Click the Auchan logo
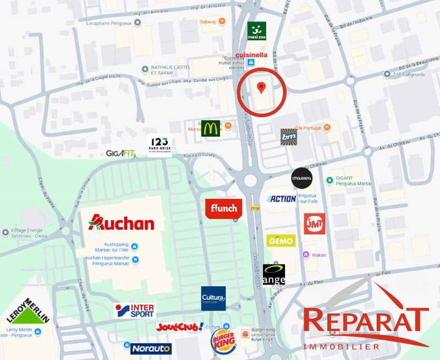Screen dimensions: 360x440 pos(122,223)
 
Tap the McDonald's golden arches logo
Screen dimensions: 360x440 pos(211,128)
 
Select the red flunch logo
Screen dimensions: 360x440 pos(223,208)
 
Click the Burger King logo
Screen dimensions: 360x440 pos(223,341)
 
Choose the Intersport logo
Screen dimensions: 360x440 pos(135,311)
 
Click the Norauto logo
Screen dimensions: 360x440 pos(151,348)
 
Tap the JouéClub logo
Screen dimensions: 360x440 pos(179,327)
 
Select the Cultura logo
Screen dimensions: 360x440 pos(213,298)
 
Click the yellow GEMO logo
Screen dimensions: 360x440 pos(281,241)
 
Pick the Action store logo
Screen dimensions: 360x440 pos(282,199)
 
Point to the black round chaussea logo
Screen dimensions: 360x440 pos(302,178)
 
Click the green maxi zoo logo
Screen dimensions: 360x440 pos(256,31)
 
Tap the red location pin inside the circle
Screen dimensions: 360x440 pos(261,87)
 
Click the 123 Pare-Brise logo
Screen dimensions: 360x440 pos(159,145)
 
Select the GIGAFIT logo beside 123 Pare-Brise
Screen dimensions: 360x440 pos(121,154)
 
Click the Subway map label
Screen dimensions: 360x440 pos(208,21)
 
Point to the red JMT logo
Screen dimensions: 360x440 pos(315,224)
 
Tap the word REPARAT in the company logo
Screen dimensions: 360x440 pos(365,320)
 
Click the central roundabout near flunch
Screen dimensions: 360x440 pos(251,180)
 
